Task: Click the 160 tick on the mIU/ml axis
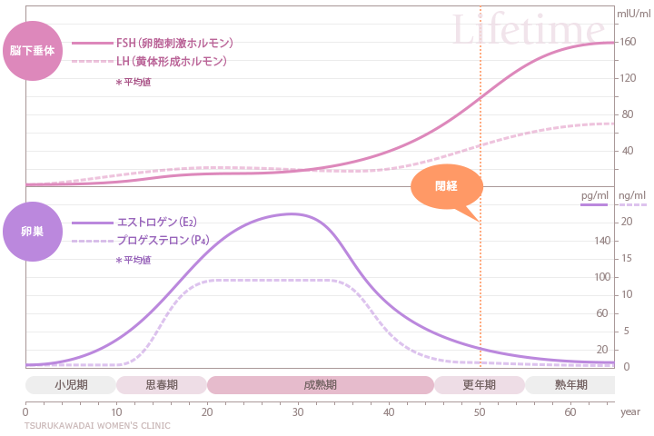click(x=628, y=43)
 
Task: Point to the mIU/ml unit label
click(x=633, y=14)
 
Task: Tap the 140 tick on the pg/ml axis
click(x=600, y=241)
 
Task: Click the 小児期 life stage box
click(x=71, y=385)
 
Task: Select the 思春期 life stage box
click(x=162, y=385)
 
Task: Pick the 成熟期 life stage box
click(x=320, y=385)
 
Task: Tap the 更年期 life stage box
click(x=480, y=385)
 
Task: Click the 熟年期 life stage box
click(x=570, y=385)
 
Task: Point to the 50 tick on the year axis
click(x=480, y=411)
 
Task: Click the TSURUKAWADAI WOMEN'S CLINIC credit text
click(x=96, y=424)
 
